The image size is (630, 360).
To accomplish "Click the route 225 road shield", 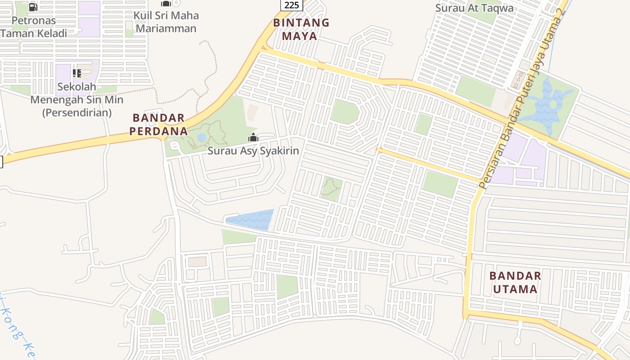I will tap(292, 5).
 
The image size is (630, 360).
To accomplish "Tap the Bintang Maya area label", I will tap(301, 29).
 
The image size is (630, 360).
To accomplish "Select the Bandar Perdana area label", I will tap(158, 125).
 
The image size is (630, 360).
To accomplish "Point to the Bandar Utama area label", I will tap(515, 282).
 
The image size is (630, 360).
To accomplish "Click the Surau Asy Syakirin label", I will tap(253, 150).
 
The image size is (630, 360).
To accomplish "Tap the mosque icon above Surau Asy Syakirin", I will tap(253, 137).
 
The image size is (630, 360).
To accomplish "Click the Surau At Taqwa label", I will tap(474, 8).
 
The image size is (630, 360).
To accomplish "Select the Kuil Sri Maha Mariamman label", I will tap(166, 22).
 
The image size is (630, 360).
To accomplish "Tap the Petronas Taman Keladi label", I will tap(34, 27).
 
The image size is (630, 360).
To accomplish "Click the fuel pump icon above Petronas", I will tap(33, 7).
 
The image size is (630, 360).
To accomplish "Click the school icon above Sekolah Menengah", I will tap(76, 73).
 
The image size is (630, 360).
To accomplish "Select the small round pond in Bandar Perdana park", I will tap(201, 137).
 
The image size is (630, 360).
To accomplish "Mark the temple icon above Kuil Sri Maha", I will tap(166, 4).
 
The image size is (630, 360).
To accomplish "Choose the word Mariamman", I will tap(166, 28).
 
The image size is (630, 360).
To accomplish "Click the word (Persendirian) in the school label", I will tap(76, 112).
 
